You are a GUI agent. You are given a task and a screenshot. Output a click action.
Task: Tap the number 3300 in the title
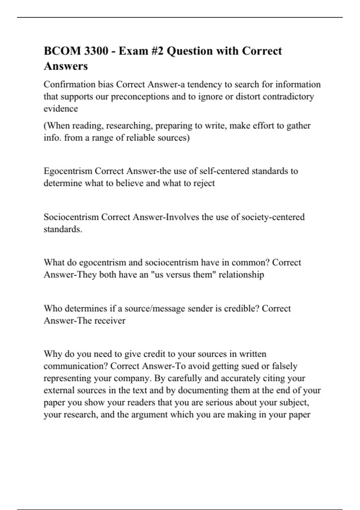click(x=96, y=51)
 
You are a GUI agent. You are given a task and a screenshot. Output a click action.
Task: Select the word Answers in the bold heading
click(x=66, y=66)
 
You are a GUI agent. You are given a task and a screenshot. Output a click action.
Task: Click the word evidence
click(x=61, y=109)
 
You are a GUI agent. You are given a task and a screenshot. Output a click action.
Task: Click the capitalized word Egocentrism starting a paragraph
click(x=68, y=171)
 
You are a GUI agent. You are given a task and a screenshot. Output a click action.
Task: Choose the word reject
click(x=204, y=183)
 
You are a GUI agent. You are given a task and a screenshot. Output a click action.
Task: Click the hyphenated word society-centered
click(x=273, y=217)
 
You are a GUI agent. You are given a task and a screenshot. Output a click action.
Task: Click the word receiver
click(x=110, y=320)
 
